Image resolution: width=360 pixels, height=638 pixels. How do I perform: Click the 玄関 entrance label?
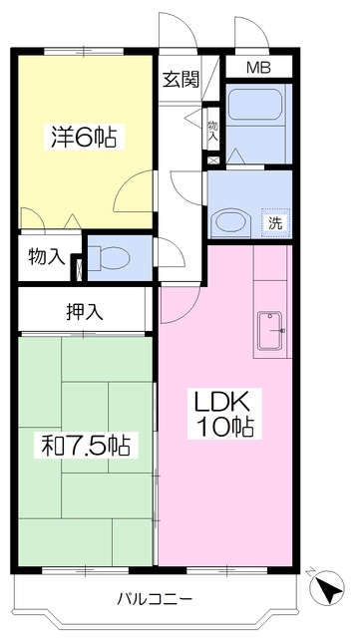[x=181, y=79]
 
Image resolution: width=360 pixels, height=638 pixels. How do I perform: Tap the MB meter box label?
[x=258, y=67]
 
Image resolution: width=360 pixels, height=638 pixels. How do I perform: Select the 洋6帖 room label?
[x=84, y=138]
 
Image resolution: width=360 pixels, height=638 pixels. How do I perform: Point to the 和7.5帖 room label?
[x=86, y=447]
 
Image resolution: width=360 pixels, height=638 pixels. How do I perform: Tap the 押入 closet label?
[x=85, y=312]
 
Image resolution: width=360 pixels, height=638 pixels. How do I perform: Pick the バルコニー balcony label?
[x=155, y=598]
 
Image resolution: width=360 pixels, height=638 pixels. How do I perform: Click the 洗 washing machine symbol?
[x=275, y=223]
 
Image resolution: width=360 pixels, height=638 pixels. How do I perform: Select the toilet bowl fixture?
[x=109, y=257]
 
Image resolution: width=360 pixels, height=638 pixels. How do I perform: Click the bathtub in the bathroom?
[x=255, y=104]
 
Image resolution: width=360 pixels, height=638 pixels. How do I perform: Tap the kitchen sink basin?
[x=270, y=330]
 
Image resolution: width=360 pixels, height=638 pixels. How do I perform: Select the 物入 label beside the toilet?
[x=47, y=257]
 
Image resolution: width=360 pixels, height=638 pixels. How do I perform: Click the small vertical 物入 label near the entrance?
[x=213, y=131]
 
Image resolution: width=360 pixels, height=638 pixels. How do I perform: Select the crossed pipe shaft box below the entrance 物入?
[x=213, y=160]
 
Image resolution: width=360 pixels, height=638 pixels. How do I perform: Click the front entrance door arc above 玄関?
[x=183, y=24]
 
